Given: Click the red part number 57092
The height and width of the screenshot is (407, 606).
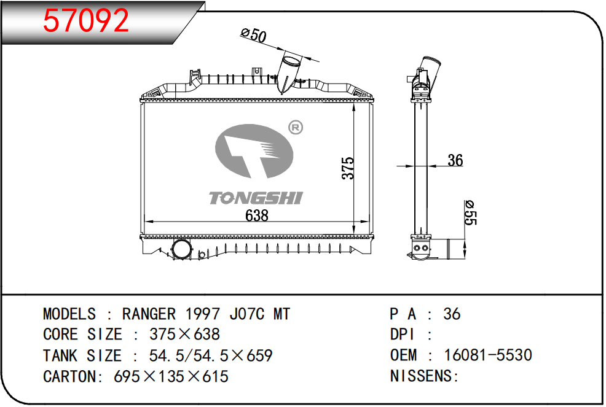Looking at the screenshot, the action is click(x=86, y=20).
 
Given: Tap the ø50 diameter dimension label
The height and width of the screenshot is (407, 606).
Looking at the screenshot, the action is click(x=254, y=35).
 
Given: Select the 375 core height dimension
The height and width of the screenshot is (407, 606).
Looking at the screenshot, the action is click(x=348, y=168).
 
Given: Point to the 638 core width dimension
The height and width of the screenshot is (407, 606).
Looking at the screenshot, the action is click(x=257, y=215).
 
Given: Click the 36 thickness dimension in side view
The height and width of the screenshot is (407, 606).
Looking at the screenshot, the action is click(x=455, y=160).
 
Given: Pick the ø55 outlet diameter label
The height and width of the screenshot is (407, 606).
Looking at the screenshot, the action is click(x=470, y=212).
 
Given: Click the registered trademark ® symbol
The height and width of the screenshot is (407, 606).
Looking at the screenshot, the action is click(x=296, y=127).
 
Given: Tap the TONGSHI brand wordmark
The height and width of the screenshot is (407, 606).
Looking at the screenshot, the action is click(x=256, y=198).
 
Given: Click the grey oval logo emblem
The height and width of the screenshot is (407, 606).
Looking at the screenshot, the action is click(x=254, y=151).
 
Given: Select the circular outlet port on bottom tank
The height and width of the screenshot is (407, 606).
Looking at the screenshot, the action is click(x=181, y=249).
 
